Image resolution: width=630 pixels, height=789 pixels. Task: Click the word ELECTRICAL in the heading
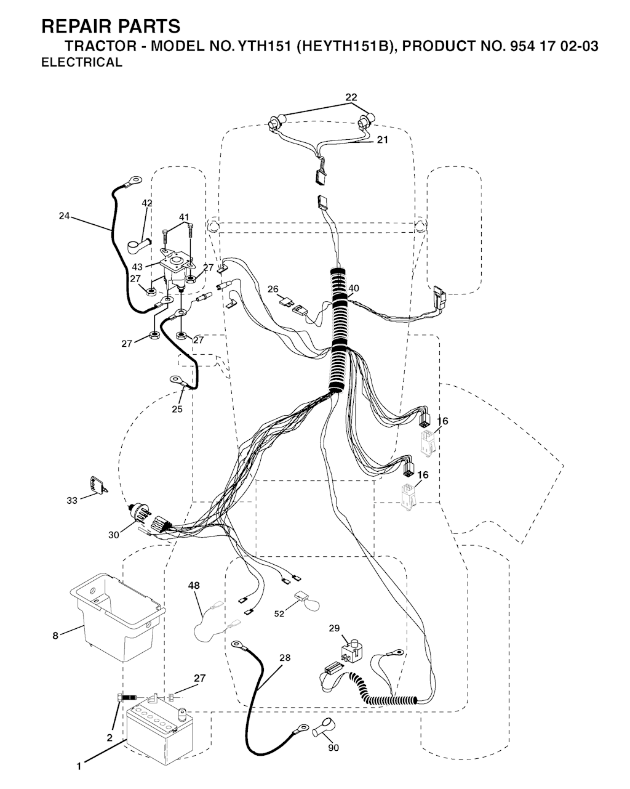click(82, 62)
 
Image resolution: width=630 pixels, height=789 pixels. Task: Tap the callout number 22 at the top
click(351, 97)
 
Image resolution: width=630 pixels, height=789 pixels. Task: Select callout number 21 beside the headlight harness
click(383, 140)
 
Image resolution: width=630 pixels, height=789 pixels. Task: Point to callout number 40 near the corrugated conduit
click(354, 288)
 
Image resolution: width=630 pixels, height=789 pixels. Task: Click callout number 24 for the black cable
click(64, 216)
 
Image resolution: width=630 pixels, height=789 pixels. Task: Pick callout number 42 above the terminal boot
click(147, 203)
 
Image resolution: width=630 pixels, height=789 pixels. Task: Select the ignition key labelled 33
click(98, 485)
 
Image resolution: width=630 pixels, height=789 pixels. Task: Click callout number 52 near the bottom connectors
click(279, 613)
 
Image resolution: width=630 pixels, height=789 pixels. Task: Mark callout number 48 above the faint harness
click(194, 586)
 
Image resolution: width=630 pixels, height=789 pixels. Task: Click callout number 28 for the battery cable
click(285, 658)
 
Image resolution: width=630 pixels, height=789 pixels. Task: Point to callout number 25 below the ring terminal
click(177, 409)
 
